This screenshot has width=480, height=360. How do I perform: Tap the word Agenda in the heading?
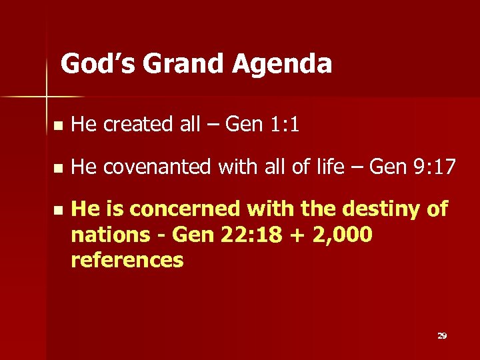(283, 64)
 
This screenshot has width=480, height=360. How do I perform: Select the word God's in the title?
(97, 64)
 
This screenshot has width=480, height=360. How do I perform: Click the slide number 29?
(441, 335)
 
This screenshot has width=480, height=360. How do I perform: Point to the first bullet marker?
(58, 125)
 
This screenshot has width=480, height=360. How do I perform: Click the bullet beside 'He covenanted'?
(58, 167)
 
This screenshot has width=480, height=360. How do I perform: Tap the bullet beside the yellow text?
(58, 210)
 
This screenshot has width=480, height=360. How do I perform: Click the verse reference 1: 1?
(285, 124)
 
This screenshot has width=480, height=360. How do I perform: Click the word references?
(127, 260)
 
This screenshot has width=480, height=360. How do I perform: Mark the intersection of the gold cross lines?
(47, 98)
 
